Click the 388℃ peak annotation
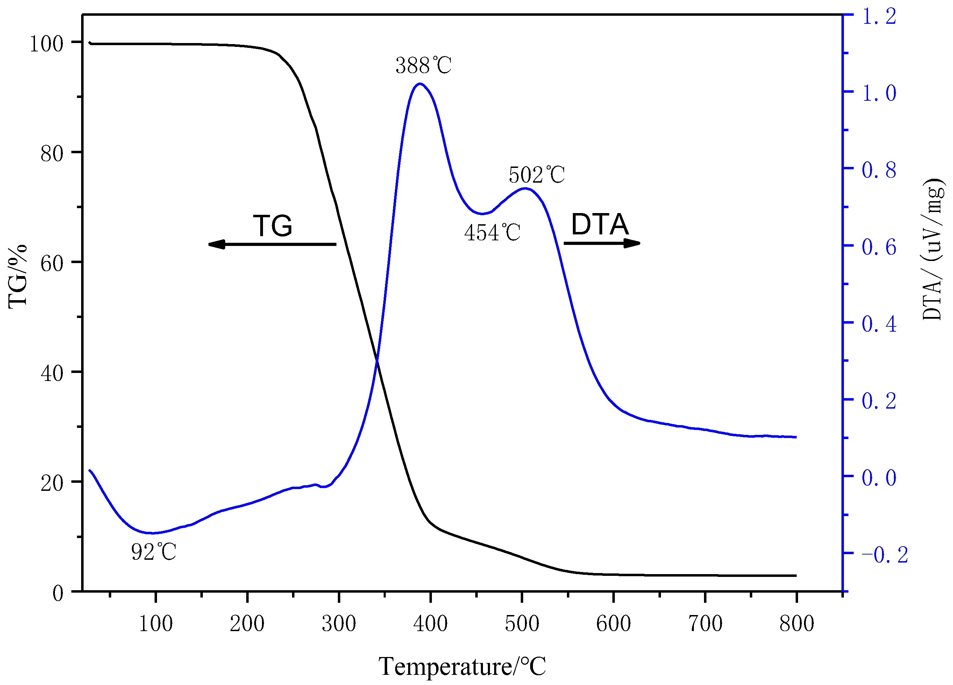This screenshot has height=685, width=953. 423,65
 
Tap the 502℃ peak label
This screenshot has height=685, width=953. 536,175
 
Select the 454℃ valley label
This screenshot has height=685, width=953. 492,232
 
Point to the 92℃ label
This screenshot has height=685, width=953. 154,552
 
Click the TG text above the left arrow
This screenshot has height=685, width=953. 272,226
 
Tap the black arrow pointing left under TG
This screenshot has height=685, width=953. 272,244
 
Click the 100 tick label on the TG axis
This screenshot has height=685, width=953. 46,44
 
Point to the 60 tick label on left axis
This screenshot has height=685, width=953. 52,263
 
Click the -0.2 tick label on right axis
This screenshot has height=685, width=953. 884,555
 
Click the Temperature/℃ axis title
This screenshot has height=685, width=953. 462,666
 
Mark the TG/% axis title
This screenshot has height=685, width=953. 17,276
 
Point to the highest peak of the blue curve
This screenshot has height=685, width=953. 420,84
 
